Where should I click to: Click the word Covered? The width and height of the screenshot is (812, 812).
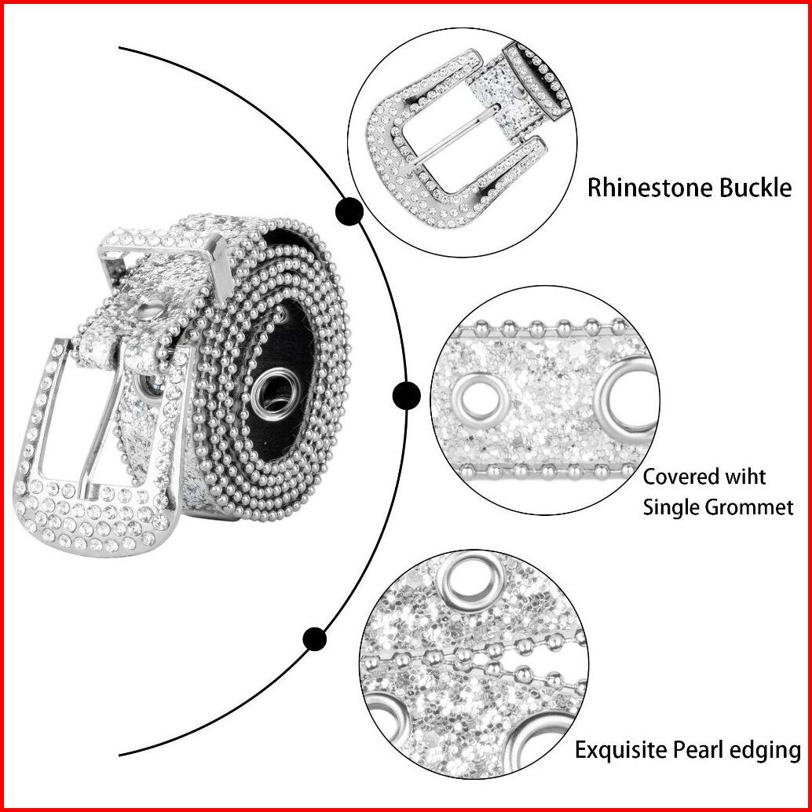coord(682,477)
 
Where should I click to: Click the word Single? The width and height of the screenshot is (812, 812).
coord(670,507)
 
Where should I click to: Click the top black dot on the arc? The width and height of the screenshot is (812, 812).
coord(349,211)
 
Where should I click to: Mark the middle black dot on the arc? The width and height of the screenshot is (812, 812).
coord(406,395)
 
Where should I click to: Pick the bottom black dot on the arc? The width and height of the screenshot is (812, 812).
coord(315,638)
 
